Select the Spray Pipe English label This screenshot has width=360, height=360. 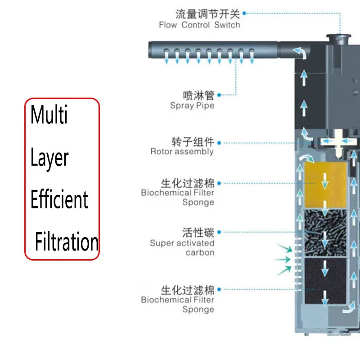[192, 106]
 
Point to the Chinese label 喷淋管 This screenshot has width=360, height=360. [198, 95]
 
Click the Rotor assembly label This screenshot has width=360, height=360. [182, 152]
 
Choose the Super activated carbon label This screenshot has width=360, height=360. [182, 247]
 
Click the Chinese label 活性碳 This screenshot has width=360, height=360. [198, 233]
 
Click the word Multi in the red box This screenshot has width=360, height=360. [49, 115]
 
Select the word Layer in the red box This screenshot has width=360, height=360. [49, 157]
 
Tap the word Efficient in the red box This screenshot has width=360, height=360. [59, 199]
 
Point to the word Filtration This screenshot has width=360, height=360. [67, 242]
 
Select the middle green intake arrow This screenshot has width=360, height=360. [282, 260]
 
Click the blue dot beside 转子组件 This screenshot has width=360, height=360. [219, 143]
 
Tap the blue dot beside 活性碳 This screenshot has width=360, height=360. [219, 233]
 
